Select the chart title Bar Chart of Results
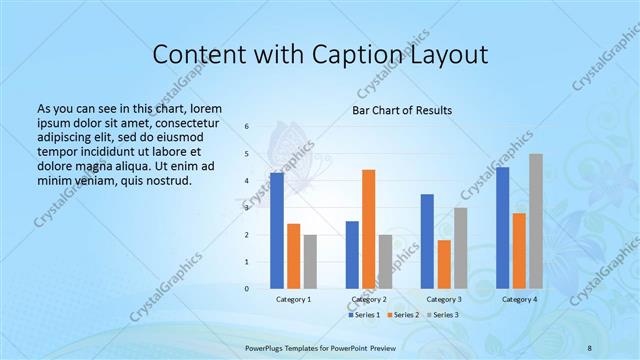(x=401, y=110)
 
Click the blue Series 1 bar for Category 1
(x=277, y=231)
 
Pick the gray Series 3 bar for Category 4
(x=536, y=221)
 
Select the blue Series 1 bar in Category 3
(x=427, y=241)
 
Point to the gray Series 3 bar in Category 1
(x=310, y=261)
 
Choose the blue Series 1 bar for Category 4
(x=502, y=228)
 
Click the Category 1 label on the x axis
(x=293, y=299)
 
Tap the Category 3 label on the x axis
(x=444, y=299)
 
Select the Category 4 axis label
(x=519, y=299)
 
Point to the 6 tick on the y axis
(x=247, y=127)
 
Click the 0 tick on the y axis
(x=247, y=288)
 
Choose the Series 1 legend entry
(x=364, y=315)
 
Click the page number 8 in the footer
(x=590, y=346)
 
